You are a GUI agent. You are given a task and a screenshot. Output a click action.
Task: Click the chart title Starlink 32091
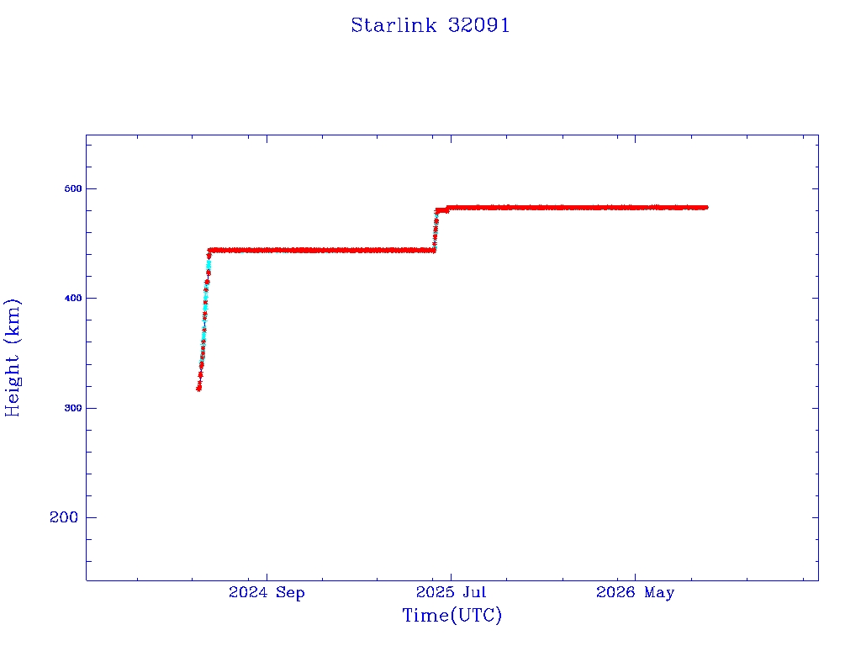[430, 25]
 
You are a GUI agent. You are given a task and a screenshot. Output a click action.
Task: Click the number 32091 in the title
[478, 25]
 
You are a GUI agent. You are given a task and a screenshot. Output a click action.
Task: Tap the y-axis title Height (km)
[13, 357]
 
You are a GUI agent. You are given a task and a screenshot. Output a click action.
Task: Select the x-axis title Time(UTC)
[452, 615]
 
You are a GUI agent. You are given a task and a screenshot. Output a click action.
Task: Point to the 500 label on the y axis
[73, 188]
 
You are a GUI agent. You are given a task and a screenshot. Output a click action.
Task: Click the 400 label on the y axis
[73, 298]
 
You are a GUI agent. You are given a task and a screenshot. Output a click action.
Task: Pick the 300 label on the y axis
[73, 408]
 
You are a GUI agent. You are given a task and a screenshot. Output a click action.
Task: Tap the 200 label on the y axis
[64, 517]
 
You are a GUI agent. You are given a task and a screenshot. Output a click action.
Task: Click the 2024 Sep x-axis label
[267, 592]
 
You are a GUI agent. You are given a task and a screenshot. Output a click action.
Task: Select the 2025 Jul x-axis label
[451, 592]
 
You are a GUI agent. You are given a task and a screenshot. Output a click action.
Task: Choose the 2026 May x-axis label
[636, 592]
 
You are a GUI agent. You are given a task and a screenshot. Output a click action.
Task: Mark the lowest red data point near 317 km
[198, 389]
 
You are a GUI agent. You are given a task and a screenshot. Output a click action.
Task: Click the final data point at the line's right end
[705, 207]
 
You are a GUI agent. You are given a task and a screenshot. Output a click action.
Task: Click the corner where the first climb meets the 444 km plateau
[209, 250]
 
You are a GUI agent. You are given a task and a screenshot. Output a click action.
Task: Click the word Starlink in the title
[394, 25]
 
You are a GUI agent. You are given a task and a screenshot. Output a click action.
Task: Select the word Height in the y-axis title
[13, 386]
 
